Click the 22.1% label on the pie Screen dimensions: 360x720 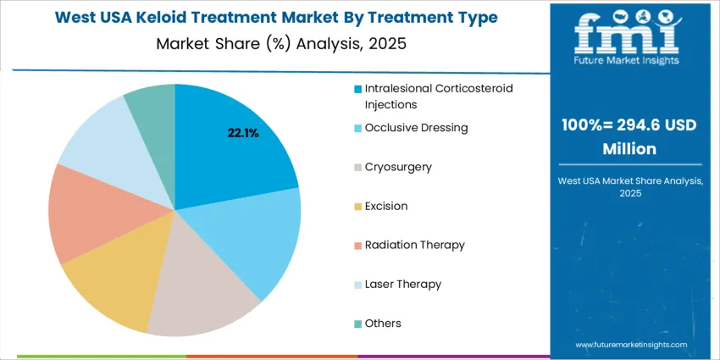[242, 133]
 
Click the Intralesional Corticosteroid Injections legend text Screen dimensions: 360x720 [439, 97]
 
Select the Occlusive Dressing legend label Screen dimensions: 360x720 [417, 128]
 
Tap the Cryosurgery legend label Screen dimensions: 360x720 [398, 167]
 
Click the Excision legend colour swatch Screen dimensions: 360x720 [358, 207]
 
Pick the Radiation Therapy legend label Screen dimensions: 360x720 [415, 245]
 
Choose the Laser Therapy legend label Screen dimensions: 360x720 [403, 284]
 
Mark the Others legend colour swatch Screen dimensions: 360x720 [358, 324]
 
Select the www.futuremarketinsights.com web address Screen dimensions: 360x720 [631, 345]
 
